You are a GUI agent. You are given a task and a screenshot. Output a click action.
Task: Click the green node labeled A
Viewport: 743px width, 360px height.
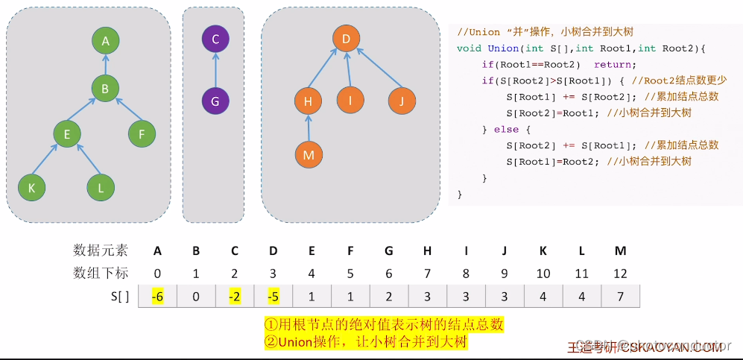pyautogui.click(x=106, y=42)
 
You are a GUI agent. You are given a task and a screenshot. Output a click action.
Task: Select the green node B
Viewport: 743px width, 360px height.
pyautogui.click(x=106, y=89)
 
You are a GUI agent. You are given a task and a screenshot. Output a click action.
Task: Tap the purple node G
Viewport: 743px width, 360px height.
pyautogui.click(x=215, y=101)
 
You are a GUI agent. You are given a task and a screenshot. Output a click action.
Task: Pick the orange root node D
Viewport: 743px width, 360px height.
pyautogui.click(x=346, y=39)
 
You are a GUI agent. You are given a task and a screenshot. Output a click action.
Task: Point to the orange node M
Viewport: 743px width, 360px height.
pyautogui.click(x=308, y=154)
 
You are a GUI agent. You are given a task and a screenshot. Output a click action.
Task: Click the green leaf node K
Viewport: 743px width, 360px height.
pyautogui.click(x=31, y=188)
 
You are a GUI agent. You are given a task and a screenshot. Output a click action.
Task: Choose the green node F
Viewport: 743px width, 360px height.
pyautogui.click(x=142, y=135)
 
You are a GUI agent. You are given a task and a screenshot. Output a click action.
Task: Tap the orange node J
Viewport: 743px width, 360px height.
pyautogui.click(x=401, y=100)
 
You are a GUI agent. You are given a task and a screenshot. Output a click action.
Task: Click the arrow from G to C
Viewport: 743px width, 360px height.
pyautogui.click(x=215, y=70)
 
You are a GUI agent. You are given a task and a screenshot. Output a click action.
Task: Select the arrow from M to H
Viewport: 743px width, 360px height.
pyautogui.click(x=308, y=127)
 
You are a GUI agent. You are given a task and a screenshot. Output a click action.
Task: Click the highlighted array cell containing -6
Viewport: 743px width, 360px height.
pyautogui.click(x=157, y=296)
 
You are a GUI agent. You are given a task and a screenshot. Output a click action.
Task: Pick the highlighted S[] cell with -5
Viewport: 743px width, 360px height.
pyautogui.click(x=273, y=296)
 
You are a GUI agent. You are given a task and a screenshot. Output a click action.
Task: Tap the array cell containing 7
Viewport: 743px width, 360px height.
pyautogui.click(x=620, y=296)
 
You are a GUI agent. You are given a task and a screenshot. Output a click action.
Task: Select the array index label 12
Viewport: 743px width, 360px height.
pyautogui.click(x=620, y=273)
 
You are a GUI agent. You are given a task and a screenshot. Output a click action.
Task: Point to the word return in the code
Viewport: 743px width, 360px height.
pyautogui.click(x=613, y=65)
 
